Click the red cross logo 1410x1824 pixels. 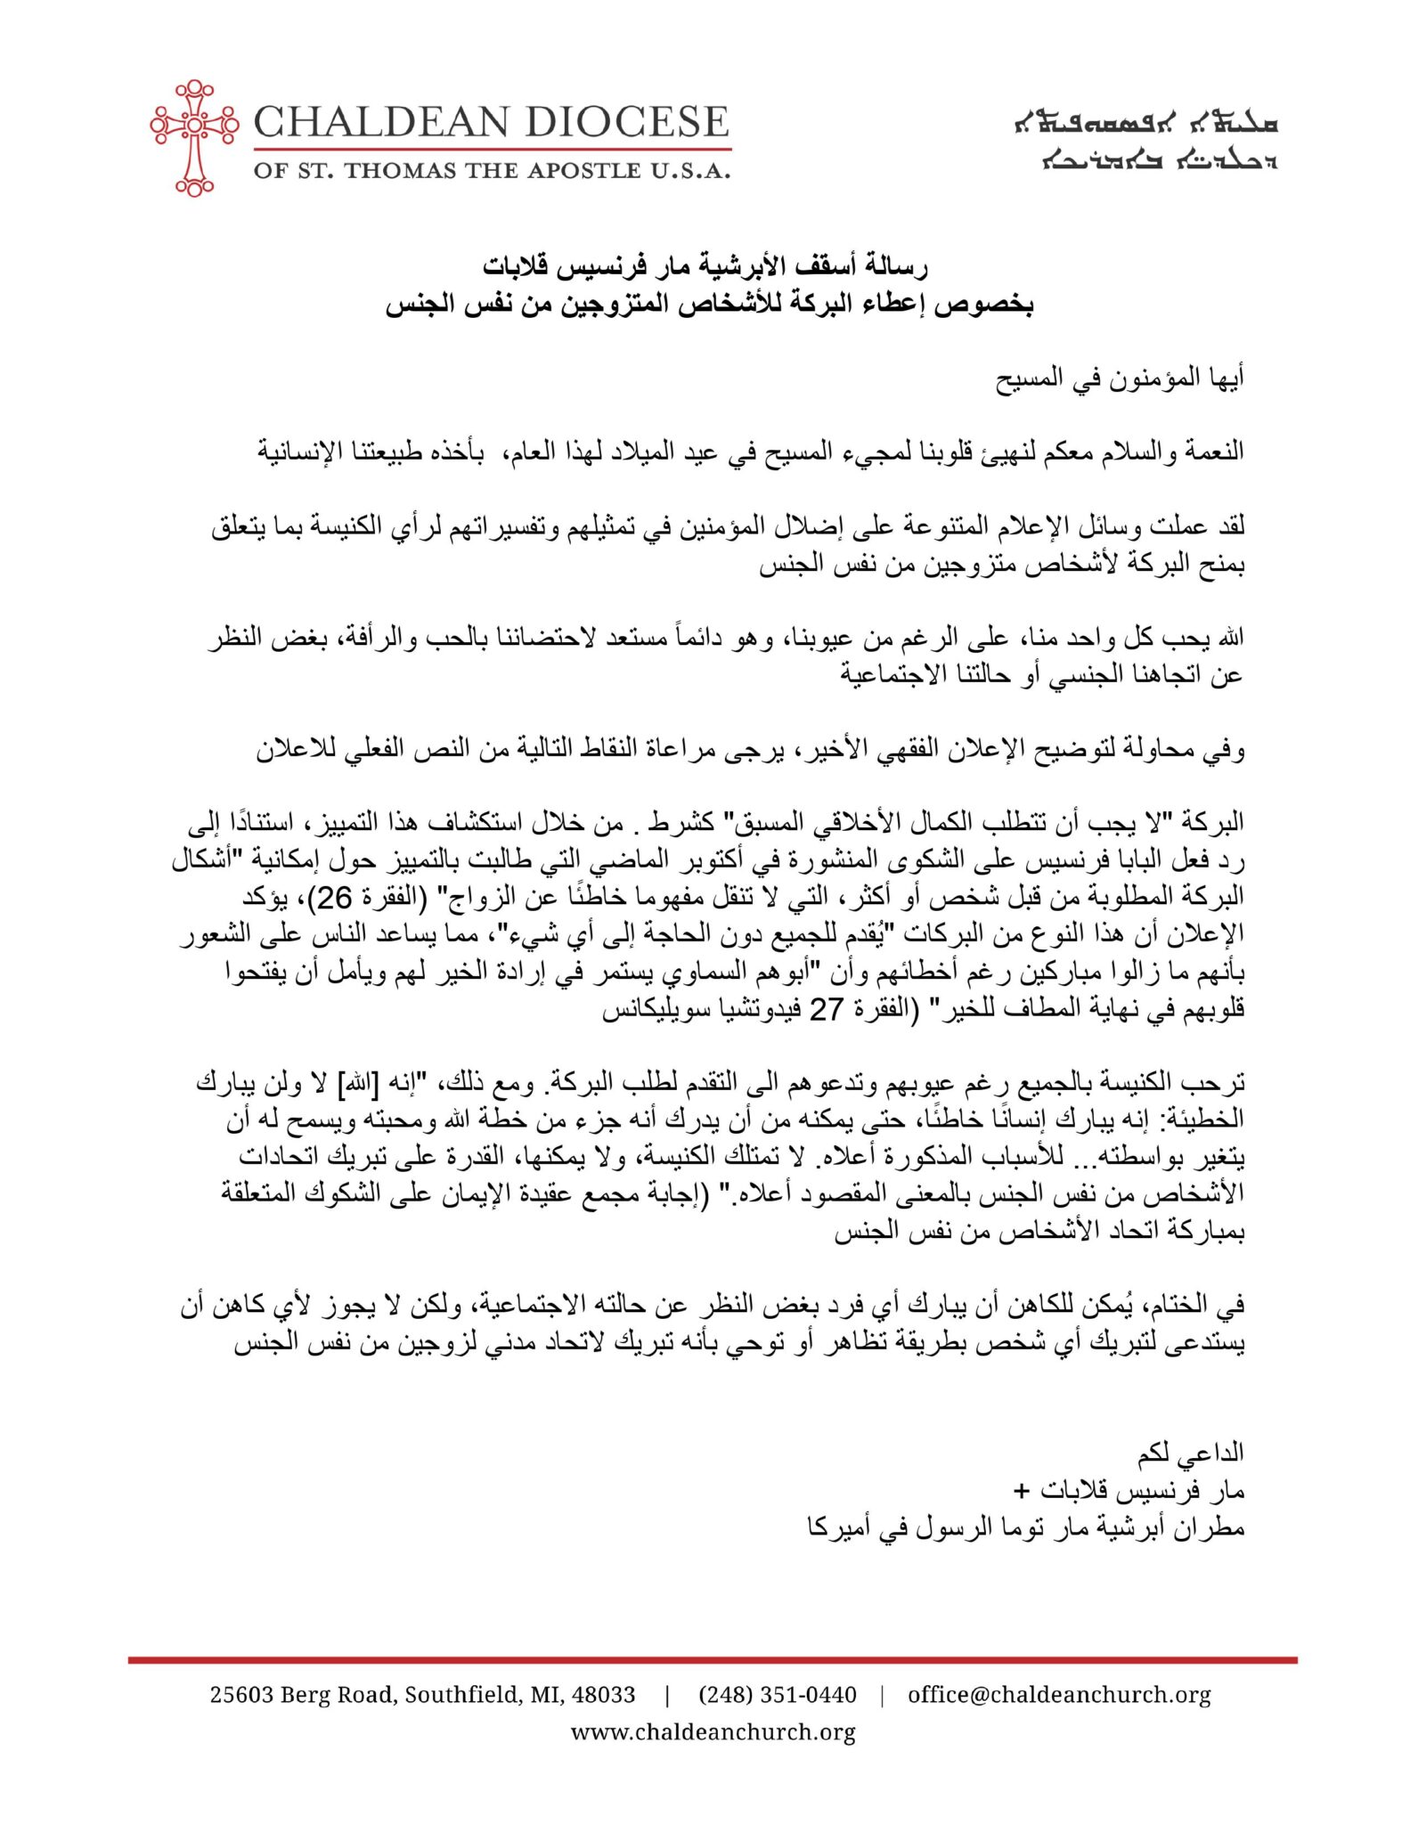194,137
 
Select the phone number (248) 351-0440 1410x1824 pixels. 777,1694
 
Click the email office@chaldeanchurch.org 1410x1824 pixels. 1059,1694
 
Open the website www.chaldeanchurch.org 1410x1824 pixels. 713,1731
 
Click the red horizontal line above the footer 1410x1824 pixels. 713,1659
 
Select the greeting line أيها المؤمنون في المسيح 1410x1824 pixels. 1120,378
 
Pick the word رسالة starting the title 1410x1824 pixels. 899,266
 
